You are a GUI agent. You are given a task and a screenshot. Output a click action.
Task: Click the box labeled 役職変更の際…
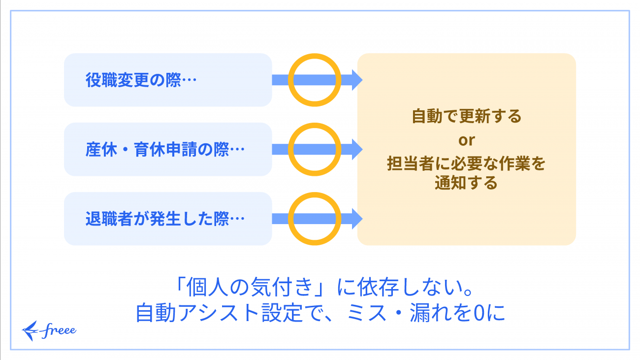(167, 80)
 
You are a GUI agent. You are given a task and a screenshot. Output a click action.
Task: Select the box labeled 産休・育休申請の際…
(167, 149)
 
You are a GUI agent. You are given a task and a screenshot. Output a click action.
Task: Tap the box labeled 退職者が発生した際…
(167, 219)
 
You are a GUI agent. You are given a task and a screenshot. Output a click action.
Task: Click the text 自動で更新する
(466, 117)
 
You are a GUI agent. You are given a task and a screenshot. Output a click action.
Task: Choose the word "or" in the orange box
(466, 140)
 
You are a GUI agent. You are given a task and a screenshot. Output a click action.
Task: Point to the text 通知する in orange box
(466, 183)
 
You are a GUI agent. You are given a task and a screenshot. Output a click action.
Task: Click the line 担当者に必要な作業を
(466, 164)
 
